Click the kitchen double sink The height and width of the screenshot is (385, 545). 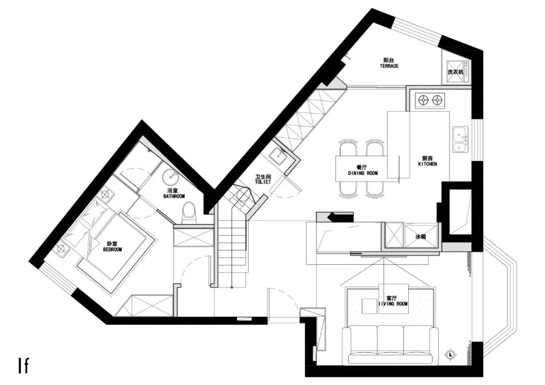pos(460,140)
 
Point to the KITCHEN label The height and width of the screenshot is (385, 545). pos(427,161)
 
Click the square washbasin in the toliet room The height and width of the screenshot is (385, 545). pos(279,157)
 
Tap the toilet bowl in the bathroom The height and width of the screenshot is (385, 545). pos(189,212)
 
